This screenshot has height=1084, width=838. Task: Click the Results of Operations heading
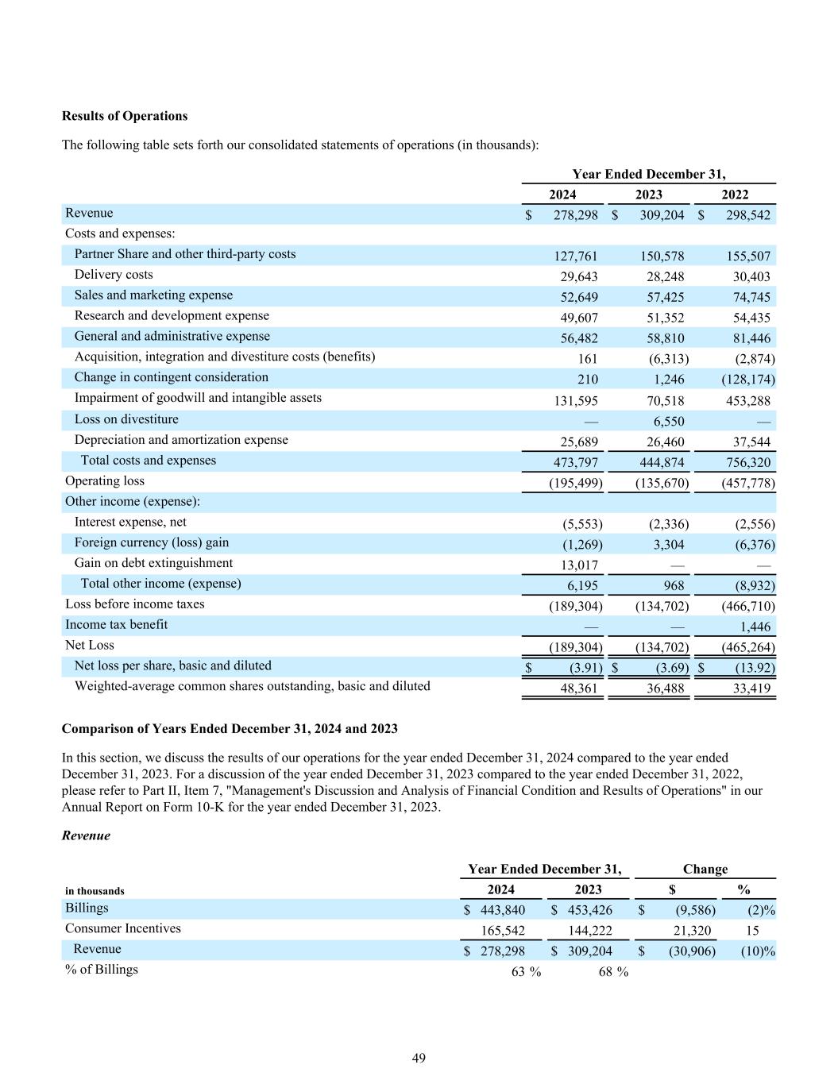[125, 116]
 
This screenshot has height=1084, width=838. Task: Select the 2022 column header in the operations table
[734, 195]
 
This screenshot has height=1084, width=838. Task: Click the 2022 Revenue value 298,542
[743, 215]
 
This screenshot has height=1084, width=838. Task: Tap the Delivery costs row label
[114, 275]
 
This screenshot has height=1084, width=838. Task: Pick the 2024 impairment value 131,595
[571, 401]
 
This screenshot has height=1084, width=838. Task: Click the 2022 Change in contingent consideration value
[747, 380]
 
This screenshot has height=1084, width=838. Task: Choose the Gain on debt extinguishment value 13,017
[577, 565]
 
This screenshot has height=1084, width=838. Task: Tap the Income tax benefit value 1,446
[754, 627]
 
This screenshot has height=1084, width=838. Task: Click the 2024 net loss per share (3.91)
[586, 668]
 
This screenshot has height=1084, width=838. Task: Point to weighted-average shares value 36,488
[665, 689]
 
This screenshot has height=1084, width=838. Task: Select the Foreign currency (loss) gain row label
[151, 542]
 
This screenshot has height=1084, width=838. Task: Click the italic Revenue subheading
[86, 835]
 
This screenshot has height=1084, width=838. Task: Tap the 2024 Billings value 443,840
[502, 910]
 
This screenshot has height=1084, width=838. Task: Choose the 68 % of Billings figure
[612, 972]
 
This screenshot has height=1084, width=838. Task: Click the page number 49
[419, 1058]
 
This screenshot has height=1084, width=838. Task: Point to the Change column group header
[705, 869]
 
